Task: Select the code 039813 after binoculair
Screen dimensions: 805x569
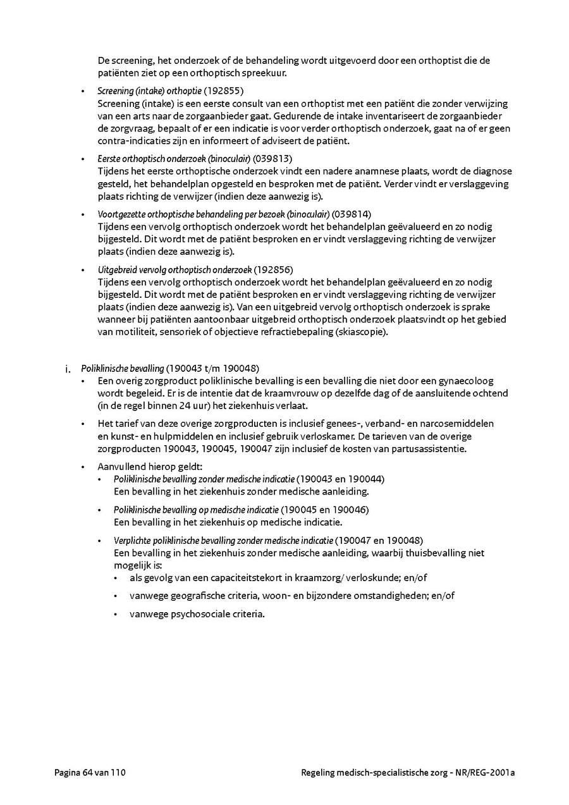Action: click(x=272, y=159)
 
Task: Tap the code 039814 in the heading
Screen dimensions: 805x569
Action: click(x=353, y=214)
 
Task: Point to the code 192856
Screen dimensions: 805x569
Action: click(x=274, y=269)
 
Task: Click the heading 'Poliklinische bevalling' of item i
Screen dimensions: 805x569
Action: click(x=123, y=368)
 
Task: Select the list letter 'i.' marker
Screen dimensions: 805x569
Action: click(x=68, y=369)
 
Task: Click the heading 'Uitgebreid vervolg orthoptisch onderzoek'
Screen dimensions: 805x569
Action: click(x=175, y=269)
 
